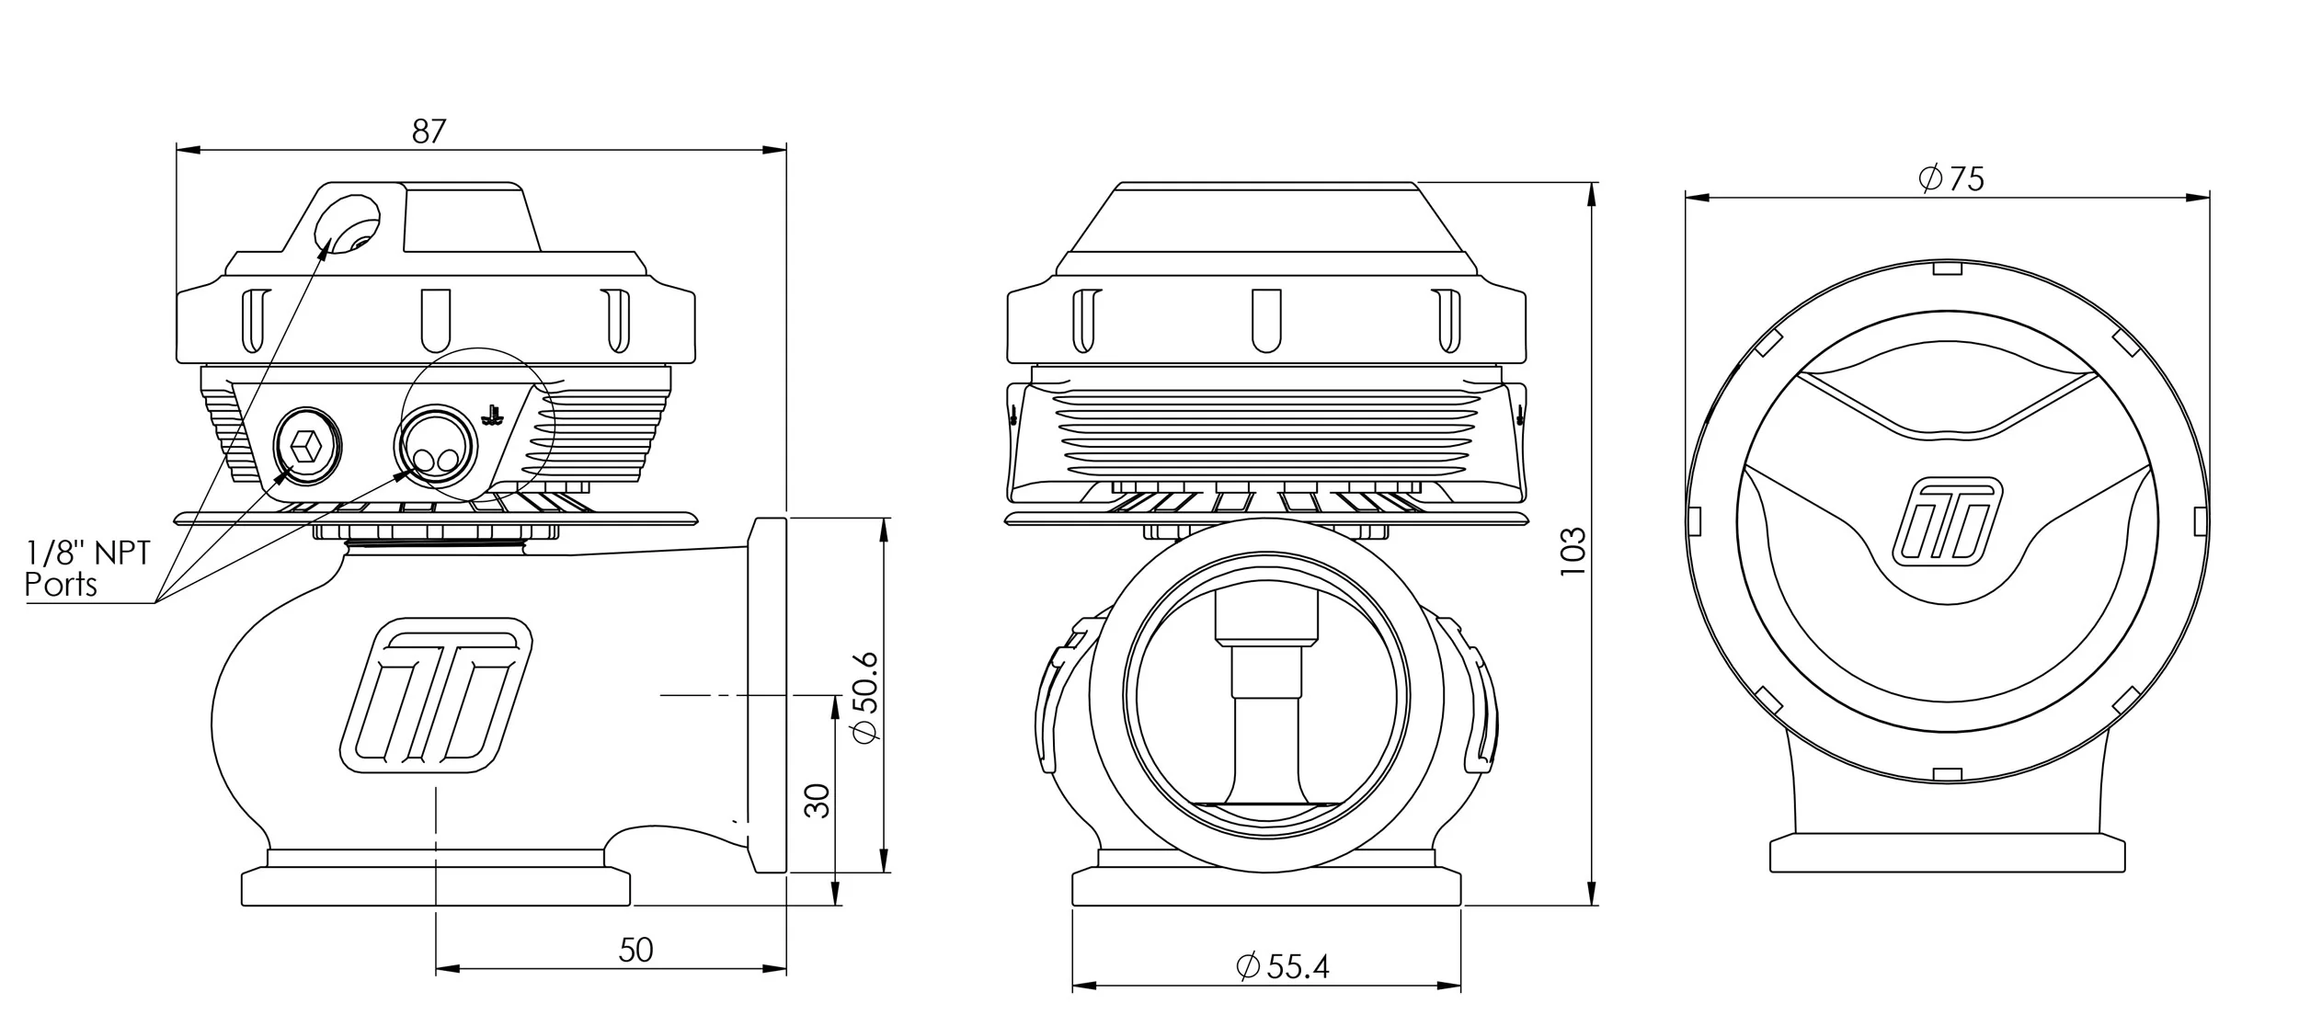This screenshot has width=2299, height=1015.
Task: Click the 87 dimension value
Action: tap(429, 132)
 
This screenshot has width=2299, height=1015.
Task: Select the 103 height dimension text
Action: tap(1573, 551)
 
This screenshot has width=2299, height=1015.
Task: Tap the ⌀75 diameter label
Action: tap(1951, 178)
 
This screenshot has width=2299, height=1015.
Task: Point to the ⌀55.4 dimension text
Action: tap(1283, 966)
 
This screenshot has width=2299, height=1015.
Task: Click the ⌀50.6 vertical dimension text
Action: tap(865, 695)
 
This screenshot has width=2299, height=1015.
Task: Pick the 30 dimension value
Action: tap(817, 801)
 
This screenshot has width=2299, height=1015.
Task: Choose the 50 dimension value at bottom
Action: tap(635, 950)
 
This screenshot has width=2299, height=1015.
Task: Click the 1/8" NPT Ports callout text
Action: tap(87, 568)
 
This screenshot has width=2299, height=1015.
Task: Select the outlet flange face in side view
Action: tap(769, 695)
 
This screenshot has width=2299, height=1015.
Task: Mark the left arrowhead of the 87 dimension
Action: tap(182, 150)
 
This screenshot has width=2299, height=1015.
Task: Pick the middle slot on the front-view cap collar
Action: tap(1266, 319)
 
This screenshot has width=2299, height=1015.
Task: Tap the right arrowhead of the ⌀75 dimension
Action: tap(2202, 197)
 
